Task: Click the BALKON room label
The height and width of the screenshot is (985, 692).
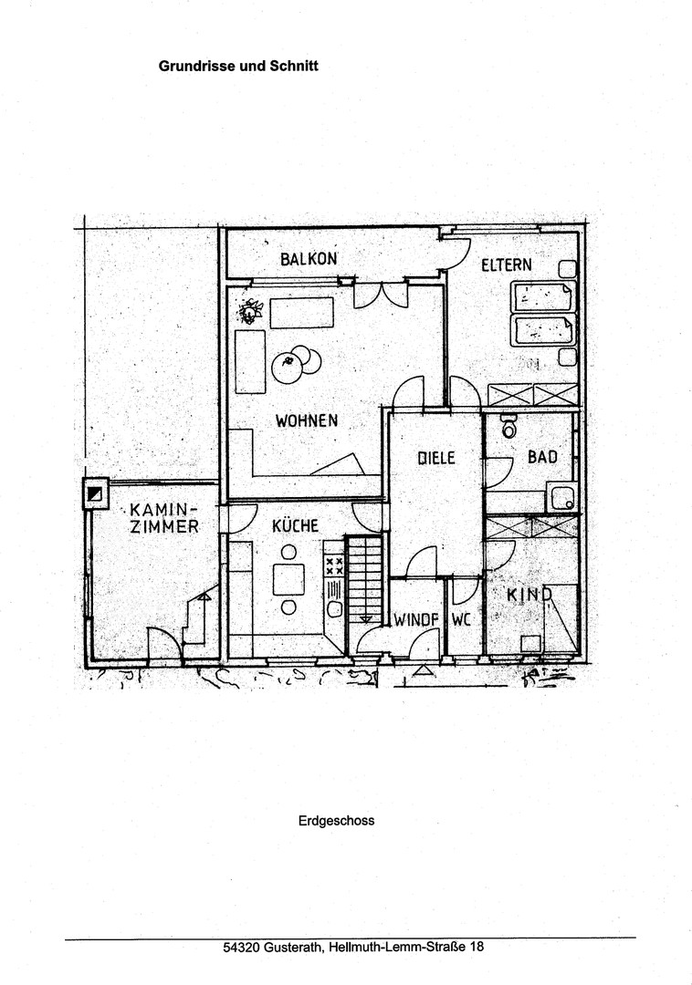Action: (309, 258)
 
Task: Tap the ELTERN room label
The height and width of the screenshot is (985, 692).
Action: (507, 264)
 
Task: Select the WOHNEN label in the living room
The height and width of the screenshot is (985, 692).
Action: (307, 420)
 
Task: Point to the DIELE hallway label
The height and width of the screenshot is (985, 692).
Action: (436, 458)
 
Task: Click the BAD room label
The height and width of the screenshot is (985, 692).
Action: (542, 457)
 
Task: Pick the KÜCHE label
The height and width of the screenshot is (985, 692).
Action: (296, 525)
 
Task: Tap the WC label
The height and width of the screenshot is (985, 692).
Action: (461, 620)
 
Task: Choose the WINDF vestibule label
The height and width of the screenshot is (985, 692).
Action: (416, 620)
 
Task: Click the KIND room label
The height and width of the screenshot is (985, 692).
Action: (529, 595)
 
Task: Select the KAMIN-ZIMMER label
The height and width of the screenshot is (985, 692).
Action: (164, 518)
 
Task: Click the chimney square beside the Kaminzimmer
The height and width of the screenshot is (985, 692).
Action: (96, 493)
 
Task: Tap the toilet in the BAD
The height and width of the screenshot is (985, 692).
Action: (509, 427)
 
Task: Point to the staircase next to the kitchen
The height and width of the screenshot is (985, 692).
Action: (364, 579)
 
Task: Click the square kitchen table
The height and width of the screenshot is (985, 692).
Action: (288, 579)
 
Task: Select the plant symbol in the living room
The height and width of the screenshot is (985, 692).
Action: (250, 311)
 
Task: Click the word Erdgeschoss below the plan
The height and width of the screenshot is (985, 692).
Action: (336, 821)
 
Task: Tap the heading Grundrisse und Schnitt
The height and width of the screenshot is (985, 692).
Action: (238, 66)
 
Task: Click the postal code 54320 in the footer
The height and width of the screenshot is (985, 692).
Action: (241, 947)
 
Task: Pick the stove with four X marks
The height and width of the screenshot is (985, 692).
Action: (334, 566)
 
